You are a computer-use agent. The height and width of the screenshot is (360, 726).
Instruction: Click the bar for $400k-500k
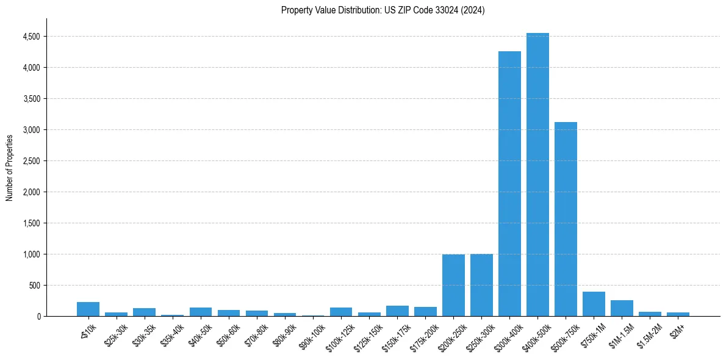(537, 175)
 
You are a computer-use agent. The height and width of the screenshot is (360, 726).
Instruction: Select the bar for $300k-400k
(509, 184)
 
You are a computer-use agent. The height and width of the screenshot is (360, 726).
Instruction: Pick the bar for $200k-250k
(453, 286)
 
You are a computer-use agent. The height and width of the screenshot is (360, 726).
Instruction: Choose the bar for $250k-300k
(481, 285)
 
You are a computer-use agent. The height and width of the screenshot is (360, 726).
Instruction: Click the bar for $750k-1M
(594, 304)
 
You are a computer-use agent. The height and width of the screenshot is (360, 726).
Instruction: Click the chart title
(383, 10)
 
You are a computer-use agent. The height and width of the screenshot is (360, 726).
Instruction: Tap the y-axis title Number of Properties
(10, 168)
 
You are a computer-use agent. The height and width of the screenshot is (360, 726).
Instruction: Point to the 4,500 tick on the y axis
(31, 37)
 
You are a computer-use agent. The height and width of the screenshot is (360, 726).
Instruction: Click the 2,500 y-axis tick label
(31, 161)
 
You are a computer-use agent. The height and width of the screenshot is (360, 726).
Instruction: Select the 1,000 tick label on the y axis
(31, 254)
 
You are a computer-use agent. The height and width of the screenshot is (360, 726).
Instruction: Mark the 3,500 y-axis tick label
(31, 99)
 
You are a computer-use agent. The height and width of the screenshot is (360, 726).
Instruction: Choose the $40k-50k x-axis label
(200, 332)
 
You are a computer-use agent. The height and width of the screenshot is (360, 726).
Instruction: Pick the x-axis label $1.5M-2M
(648, 332)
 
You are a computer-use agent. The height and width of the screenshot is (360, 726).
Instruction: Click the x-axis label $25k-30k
(116, 332)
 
